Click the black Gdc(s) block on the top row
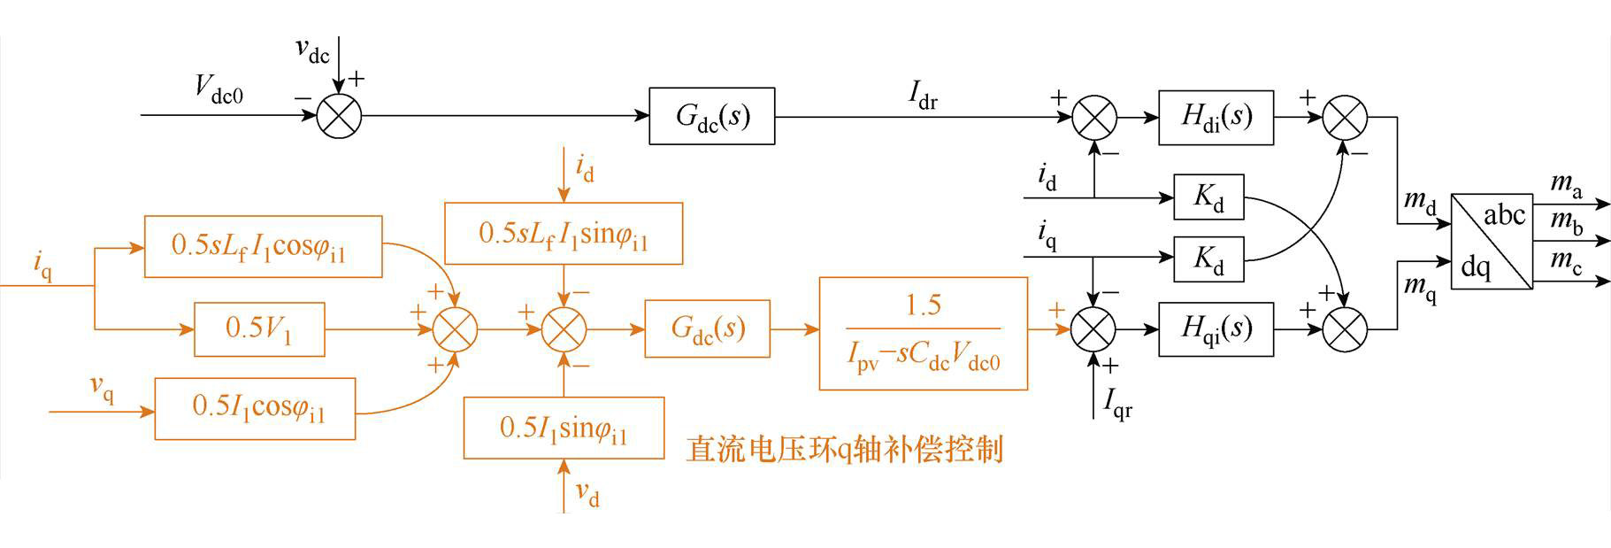[x=712, y=116]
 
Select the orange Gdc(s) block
[x=707, y=328]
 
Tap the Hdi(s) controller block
[x=1216, y=117]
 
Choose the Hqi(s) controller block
[x=1216, y=328]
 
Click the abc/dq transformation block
[x=1492, y=241]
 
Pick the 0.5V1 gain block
[x=259, y=329]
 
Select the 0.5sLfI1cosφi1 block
[x=263, y=246]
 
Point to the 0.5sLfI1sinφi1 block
[x=564, y=233]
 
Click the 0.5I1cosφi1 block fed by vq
[x=255, y=408]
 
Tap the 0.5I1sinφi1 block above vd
[x=564, y=428]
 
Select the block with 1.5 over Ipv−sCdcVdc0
[x=924, y=334]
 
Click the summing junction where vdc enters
[x=339, y=116]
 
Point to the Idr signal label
[x=923, y=96]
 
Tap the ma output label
[x=1566, y=186]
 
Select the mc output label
[x=1566, y=262]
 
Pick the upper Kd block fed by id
[x=1208, y=197]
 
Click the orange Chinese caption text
[x=845, y=449]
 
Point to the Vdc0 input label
[x=219, y=89]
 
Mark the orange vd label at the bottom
[x=587, y=494]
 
